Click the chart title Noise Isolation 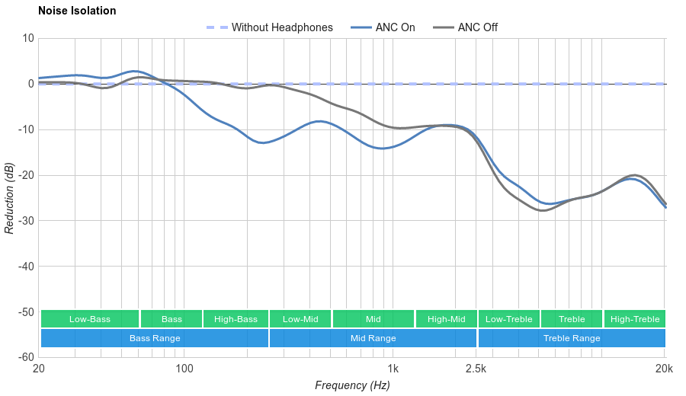pyautogui.click(x=77, y=11)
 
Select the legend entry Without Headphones pyautogui.click(x=282, y=27)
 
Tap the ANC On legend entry pyautogui.click(x=395, y=27)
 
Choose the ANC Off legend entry pyautogui.click(x=477, y=27)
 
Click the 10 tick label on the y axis pyautogui.click(x=28, y=38)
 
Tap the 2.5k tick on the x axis pyautogui.click(x=476, y=369)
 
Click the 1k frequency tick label pyautogui.click(x=393, y=369)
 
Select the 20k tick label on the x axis pyautogui.click(x=664, y=369)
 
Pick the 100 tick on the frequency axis pyautogui.click(x=184, y=369)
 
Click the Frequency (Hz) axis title pyautogui.click(x=352, y=385)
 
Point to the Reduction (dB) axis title pyautogui.click(x=9, y=198)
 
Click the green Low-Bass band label pyautogui.click(x=90, y=319)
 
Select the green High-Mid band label pyautogui.click(x=446, y=319)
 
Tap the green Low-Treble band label pyautogui.click(x=508, y=319)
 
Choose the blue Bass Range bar pyautogui.click(x=155, y=338)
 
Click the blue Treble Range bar pyautogui.click(x=572, y=338)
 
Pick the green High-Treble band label pyautogui.click(x=635, y=319)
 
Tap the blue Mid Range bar pyautogui.click(x=373, y=338)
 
